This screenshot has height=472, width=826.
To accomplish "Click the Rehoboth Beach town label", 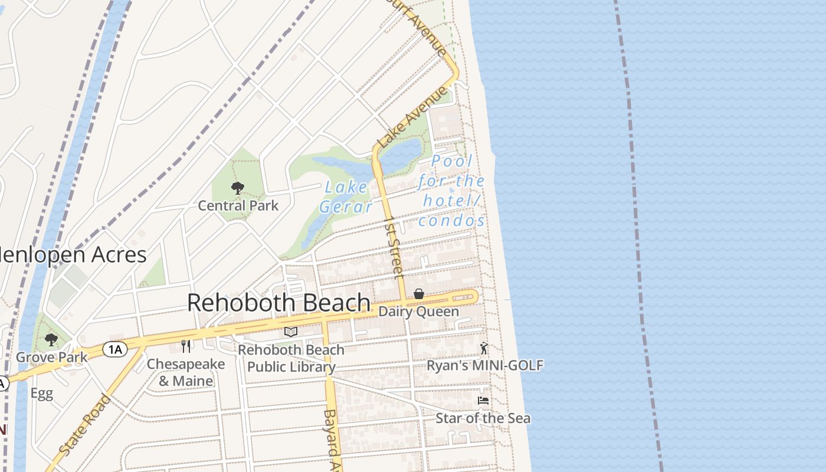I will [x=278, y=303].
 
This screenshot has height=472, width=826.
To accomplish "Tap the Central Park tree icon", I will [x=238, y=189].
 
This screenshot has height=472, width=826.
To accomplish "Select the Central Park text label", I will [x=238, y=206].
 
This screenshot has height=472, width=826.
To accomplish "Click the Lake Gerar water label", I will [x=346, y=197].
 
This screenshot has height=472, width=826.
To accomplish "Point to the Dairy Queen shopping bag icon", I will [x=419, y=294].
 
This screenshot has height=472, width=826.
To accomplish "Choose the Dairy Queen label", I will [x=419, y=312].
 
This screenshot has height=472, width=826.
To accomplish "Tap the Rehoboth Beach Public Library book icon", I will [x=291, y=332].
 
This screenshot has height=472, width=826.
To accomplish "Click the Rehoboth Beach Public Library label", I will [x=291, y=358].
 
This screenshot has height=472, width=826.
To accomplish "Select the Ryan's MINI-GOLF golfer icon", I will [x=484, y=348].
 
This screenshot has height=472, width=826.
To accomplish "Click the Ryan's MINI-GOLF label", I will [x=484, y=366].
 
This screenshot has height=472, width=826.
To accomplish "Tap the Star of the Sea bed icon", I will [x=483, y=401].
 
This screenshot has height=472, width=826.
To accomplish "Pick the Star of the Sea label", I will [x=483, y=418].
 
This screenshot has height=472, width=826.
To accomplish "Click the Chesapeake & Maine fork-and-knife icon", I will [x=186, y=346].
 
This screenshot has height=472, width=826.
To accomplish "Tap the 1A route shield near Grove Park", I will [x=114, y=349].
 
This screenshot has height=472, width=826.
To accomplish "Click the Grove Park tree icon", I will [x=51, y=339].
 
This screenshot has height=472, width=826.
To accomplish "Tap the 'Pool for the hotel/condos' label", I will [x=452, y=191].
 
